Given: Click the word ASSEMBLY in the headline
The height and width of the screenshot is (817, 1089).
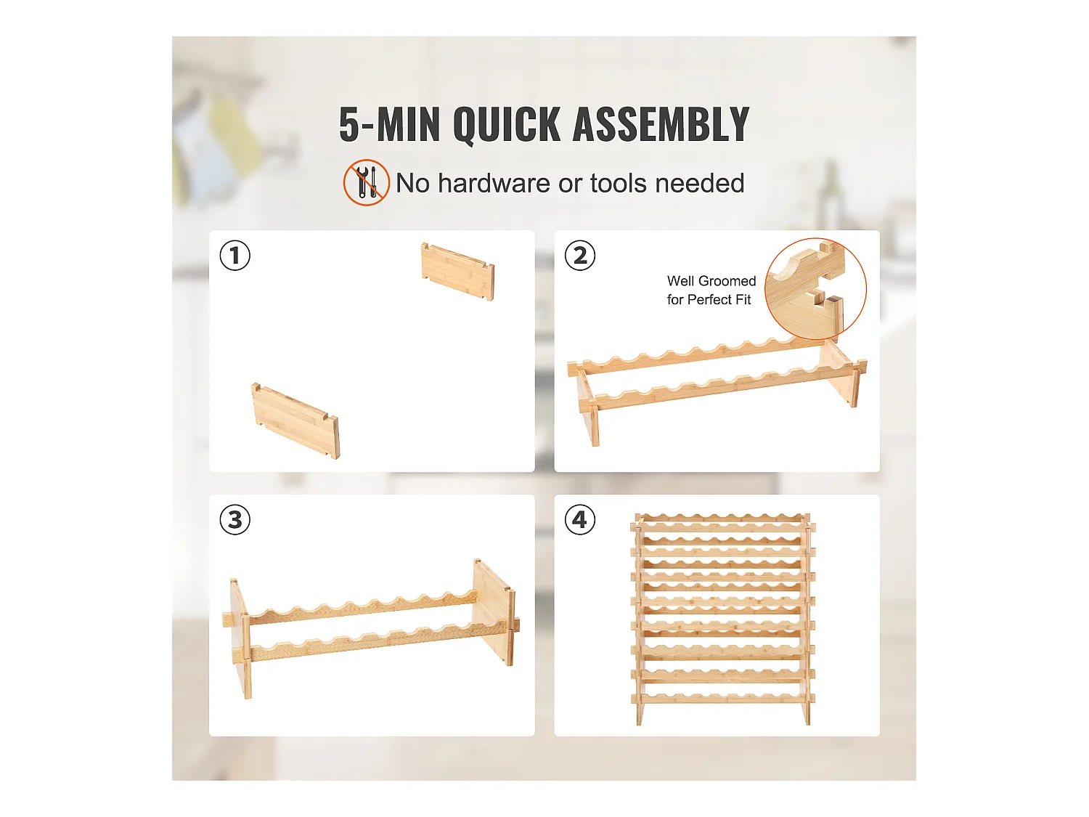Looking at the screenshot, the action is coord(661,123).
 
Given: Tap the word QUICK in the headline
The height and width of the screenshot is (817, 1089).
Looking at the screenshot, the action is coord(507,125).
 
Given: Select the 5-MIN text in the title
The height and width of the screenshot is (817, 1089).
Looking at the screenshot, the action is coord(389,124).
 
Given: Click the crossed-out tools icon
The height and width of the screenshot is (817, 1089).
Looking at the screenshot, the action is coord(366,182).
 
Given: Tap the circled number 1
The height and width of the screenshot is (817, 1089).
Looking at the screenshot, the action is coord(234,256).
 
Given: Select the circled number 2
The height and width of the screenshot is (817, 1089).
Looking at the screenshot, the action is coord(579,256).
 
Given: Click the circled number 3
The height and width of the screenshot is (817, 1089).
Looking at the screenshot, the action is coord(234,520).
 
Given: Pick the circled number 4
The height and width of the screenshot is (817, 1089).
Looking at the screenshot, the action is coord(579,520).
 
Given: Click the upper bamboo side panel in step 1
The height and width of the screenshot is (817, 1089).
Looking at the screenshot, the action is coord(457,271).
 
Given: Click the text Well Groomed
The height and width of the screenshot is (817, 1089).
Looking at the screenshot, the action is coord(711,281).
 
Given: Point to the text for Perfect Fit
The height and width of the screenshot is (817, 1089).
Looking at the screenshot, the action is coord(709,300).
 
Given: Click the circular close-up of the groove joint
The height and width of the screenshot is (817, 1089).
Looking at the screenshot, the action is coord(815,289).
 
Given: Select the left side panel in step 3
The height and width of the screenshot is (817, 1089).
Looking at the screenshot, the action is coord(240,639).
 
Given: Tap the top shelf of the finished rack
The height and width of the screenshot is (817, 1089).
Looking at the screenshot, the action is coord(722,519).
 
